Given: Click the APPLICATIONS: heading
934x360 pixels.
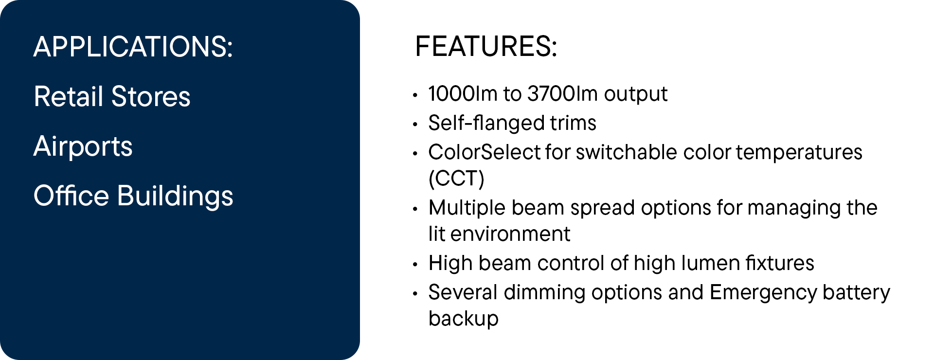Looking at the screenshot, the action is tap(133, 47).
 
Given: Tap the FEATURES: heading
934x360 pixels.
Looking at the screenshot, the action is tap(486, 47).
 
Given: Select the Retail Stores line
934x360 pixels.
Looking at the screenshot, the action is tap(112, 96).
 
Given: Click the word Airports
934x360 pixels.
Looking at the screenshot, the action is tap(83, 147).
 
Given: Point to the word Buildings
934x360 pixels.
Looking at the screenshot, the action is tap(175, 196).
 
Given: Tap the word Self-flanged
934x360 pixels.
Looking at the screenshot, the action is tap(486, 123).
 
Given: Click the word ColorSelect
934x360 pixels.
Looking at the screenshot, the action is tap(484, 152).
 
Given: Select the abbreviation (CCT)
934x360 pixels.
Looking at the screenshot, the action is tap(456, 179).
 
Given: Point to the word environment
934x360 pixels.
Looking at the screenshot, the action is tap(510, 234).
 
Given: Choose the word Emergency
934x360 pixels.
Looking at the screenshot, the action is tap(763, 293).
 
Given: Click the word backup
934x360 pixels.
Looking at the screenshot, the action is tap(464, 319).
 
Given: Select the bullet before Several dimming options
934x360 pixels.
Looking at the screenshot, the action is tap(415, 294).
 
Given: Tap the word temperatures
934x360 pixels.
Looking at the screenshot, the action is tap(799, 152).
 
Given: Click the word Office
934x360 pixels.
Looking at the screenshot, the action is tap(72, 196).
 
